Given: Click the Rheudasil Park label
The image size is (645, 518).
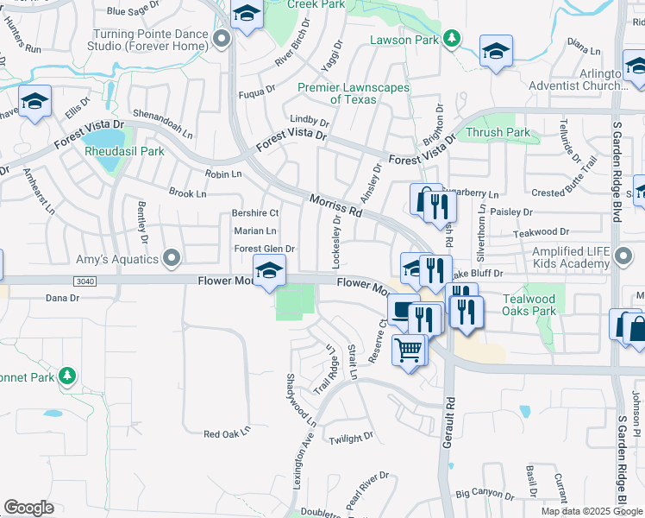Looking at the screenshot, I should (124, 151).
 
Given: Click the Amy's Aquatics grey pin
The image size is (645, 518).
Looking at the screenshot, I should (172, 258).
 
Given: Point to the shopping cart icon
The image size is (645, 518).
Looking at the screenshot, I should (410, 350).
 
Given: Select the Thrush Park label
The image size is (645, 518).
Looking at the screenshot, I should (498, 133).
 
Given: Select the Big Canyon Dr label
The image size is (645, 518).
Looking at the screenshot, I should (485, 496).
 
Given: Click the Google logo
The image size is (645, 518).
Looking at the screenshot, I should (28, 508).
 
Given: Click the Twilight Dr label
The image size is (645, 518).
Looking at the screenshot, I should (351, 439).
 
